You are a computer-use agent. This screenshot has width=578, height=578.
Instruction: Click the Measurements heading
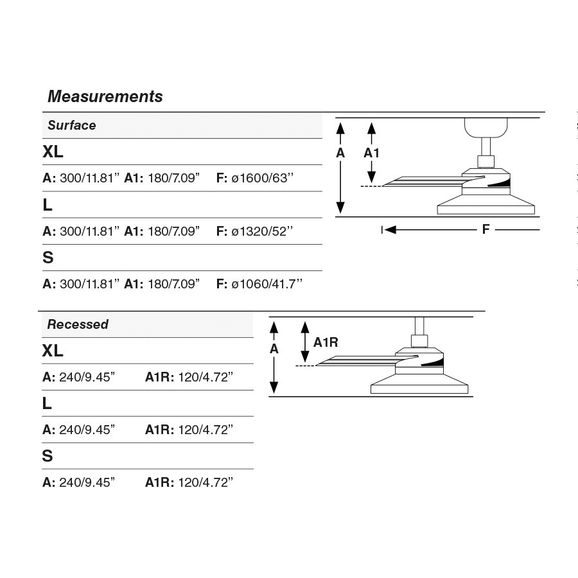tap(105, 97)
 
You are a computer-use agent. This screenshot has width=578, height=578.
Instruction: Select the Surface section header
tap(71, 125)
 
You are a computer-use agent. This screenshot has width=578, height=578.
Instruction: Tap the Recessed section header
tap(78, 324)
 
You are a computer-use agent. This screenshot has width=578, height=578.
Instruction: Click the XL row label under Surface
tap(53, 152)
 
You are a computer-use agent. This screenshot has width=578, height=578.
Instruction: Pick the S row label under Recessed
tap(48, 456)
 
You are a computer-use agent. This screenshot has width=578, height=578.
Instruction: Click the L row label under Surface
tap(48, 206)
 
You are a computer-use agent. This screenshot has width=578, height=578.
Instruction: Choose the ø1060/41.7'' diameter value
tap(267, 284)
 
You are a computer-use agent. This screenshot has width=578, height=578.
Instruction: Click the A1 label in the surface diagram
tap(372, 153)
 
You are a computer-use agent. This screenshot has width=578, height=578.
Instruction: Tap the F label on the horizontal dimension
tap(486, 229)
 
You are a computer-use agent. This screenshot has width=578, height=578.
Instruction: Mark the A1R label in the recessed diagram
tap(326, 342)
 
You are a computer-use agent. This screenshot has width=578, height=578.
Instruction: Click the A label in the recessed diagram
tap(274, 349)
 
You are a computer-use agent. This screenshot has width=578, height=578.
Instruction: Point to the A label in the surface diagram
tap(340, 153)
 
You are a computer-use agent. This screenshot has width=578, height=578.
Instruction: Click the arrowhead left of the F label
tap(390, 229)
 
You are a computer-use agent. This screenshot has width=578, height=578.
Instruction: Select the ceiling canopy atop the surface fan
tap(486, 128)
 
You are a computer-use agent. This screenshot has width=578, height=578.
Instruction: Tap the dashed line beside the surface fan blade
tap(371, 186)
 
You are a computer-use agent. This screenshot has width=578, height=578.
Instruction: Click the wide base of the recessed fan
tap(419, 387)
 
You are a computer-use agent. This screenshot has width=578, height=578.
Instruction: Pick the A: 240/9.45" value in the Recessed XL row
tap(79, 377)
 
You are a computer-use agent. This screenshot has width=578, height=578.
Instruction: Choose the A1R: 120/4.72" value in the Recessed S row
tap(189, 482)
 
